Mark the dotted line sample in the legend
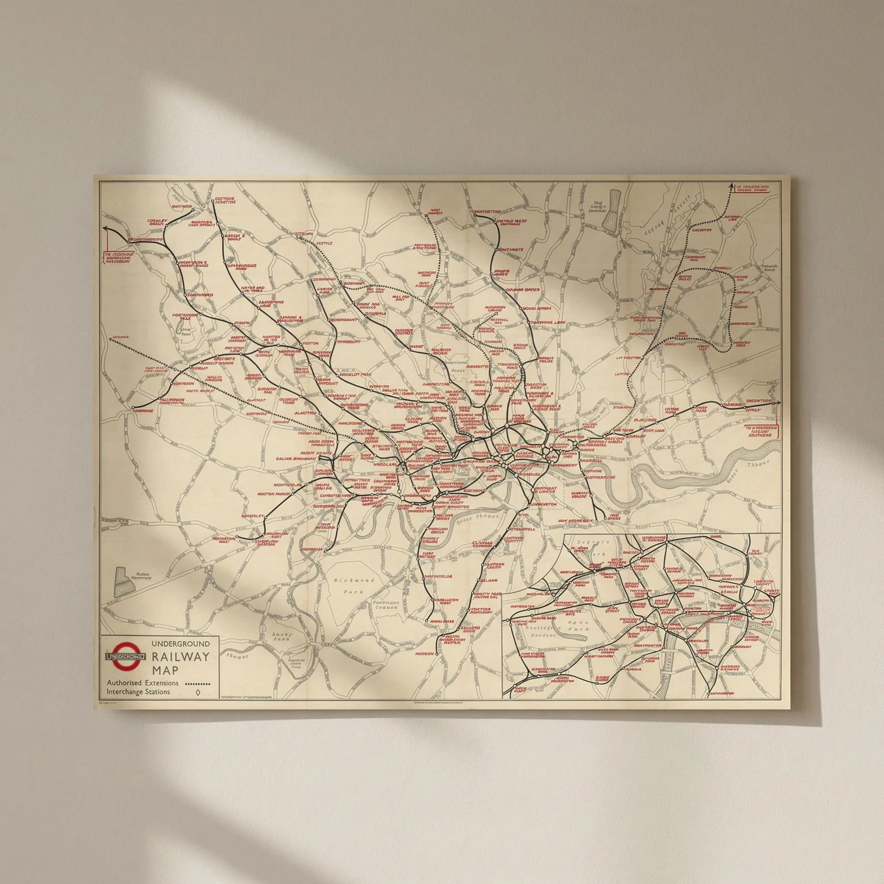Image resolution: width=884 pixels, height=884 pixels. point(198,684)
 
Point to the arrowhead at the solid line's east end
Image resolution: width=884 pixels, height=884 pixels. point(778,403)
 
